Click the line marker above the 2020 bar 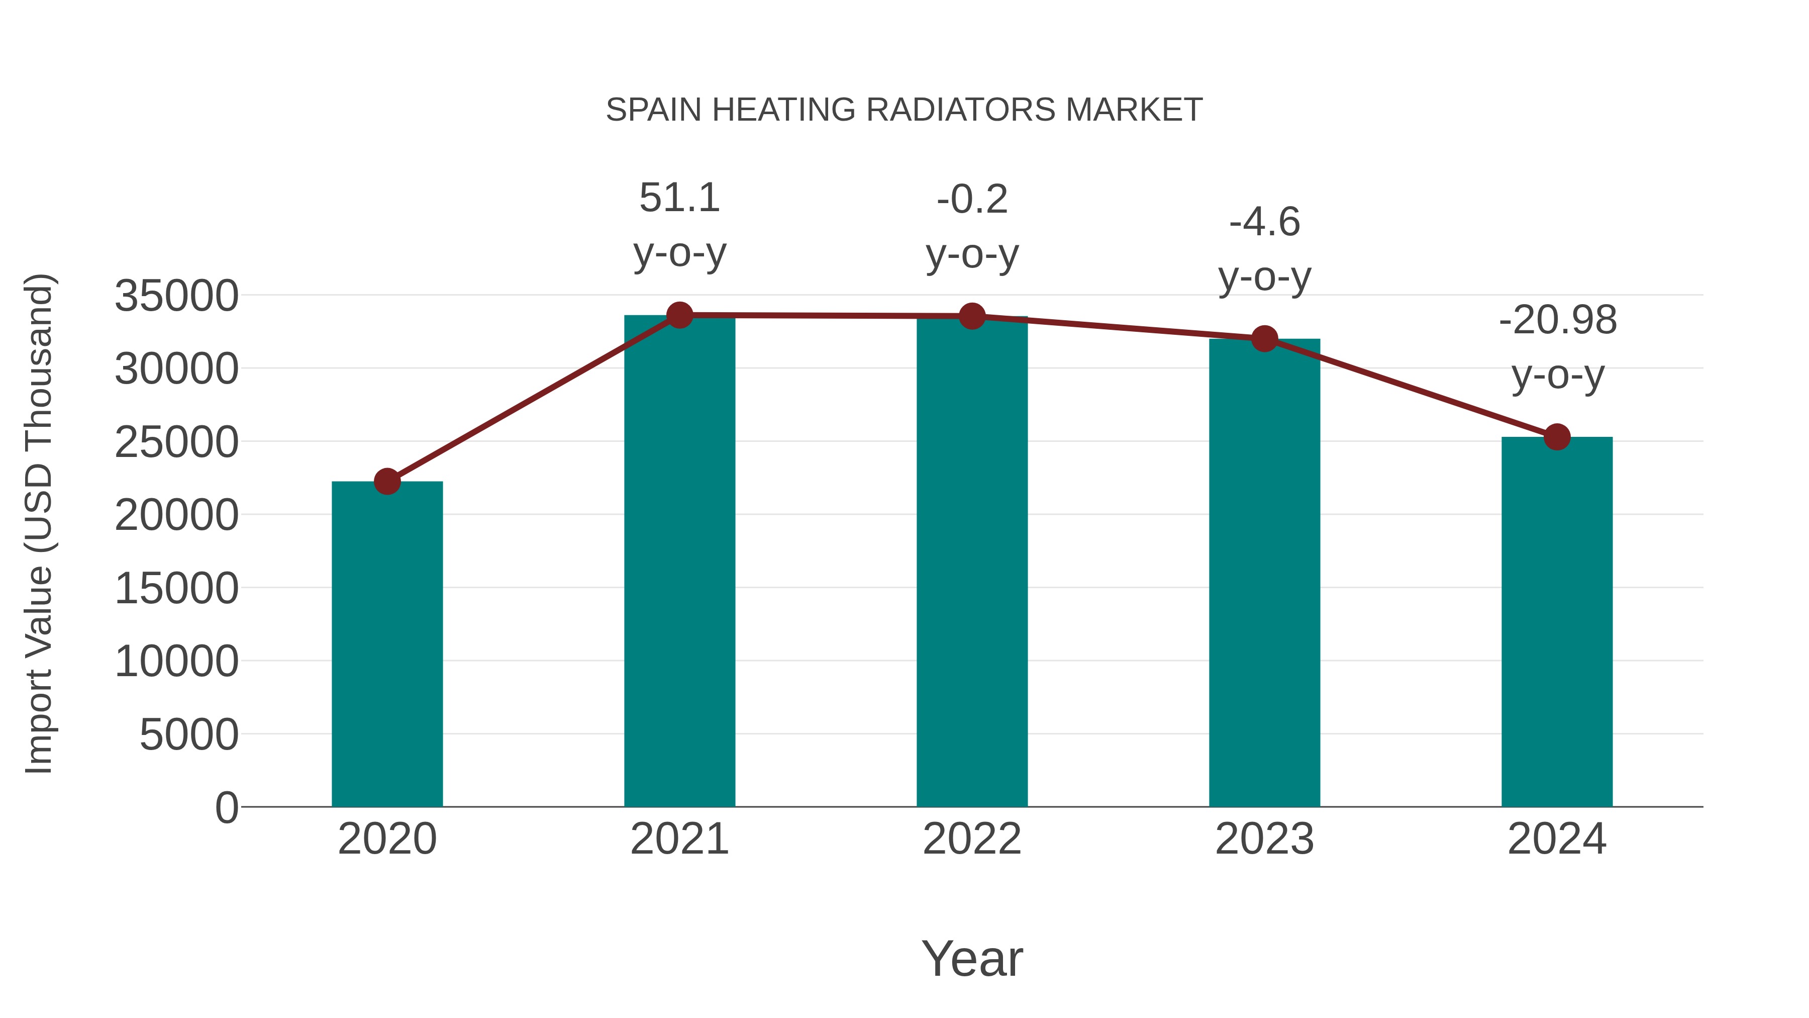[387, 482]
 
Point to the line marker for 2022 [972, 316]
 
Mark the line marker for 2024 [1557, 437]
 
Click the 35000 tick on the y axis [176, 296]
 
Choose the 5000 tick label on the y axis [189, 735]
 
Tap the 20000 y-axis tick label [176, 515]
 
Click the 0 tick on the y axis [226, 808]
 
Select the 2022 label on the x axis [972, 839]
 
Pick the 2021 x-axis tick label [679, 839]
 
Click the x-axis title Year [972, 958]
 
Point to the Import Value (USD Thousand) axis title [39, 523]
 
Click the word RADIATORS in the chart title [960, 110]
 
